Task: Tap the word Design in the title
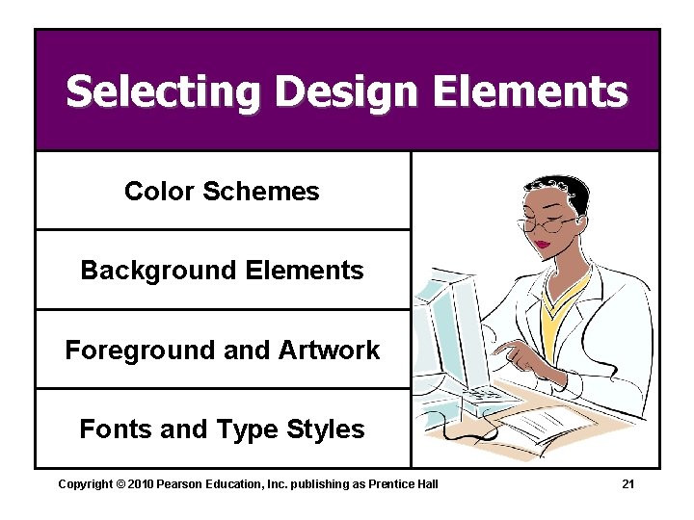coord(346,93)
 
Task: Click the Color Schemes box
coord(222,192)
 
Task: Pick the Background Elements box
coord(222,271)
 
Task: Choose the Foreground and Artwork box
coord(222,350)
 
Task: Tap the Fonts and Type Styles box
coord(222,429)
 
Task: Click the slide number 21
coord(627,483)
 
